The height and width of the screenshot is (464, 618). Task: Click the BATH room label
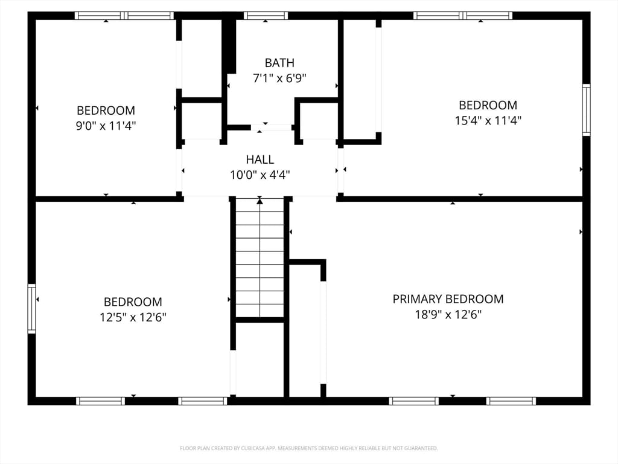(279, 62)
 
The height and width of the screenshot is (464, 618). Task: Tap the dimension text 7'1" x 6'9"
(279, 78)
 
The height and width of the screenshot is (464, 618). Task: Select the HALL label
(260, 159)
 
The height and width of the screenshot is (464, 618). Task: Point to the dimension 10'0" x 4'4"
(260, 175)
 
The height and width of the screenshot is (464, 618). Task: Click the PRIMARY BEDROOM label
(448, 298)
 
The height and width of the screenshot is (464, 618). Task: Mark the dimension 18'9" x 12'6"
(448, 314)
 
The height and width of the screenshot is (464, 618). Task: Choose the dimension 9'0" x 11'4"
(106, 126)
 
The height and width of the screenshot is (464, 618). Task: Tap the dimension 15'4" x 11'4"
(488, 120)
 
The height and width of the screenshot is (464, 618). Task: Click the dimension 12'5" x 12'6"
(133, 317)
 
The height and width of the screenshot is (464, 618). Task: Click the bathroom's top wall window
(266, 16)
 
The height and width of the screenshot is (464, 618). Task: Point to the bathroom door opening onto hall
(272, 127)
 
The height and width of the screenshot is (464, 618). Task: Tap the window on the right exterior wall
(586, 110)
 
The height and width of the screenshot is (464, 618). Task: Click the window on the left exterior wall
(31, 309)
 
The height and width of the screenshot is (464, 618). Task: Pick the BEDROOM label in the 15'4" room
(488, 105)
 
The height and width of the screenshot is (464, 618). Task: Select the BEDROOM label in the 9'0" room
(106, 111)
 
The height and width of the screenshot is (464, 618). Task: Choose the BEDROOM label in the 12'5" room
(133, 301)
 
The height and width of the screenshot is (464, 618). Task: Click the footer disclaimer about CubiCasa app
(308, 448)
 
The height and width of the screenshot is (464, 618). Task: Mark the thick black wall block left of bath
(229, 45)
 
